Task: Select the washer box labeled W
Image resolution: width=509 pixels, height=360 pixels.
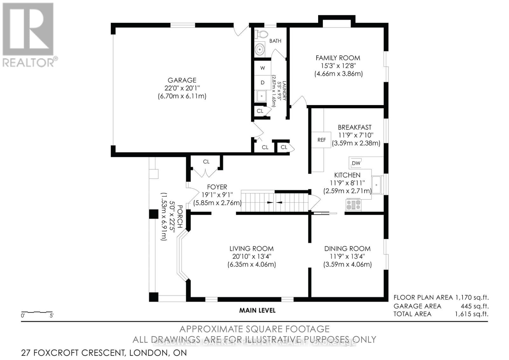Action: tap(262, 68)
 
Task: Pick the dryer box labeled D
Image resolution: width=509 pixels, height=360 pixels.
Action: tap(262, 82)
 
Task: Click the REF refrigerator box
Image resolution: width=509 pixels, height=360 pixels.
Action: tap(322, 140)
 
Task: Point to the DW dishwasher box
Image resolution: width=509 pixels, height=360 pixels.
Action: tap(356, 163)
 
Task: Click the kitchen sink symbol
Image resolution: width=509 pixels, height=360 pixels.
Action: tap(378, 185)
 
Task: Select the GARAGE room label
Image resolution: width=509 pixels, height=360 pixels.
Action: tap(182, 80)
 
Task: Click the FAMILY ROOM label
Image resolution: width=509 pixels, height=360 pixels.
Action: tap(338, 58)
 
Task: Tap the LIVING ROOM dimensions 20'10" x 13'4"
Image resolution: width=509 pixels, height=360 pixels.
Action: tap(251, 257)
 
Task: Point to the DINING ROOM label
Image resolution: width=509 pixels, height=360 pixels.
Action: tap(347, 249)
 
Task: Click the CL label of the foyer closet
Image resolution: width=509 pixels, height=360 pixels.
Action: tap(206, 162)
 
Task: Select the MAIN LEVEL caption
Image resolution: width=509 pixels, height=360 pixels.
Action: tap(257, 310)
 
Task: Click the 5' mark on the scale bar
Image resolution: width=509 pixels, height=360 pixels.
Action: tap(52, 316)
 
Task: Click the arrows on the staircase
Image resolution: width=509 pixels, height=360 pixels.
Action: tap(274, 202)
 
